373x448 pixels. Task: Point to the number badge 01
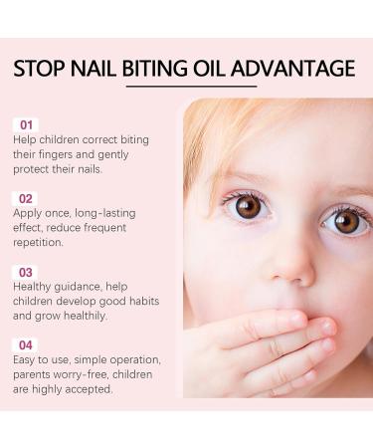pyautogui.click(x=27, y=124)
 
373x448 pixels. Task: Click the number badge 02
pyautogui.click(x=27, y=199)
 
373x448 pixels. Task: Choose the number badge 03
pyautogui.click(x=27, y=272)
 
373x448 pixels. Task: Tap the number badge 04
pyautogui.click(x=27, y=344)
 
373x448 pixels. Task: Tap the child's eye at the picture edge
pyautogui.click(x=345, y=221)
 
